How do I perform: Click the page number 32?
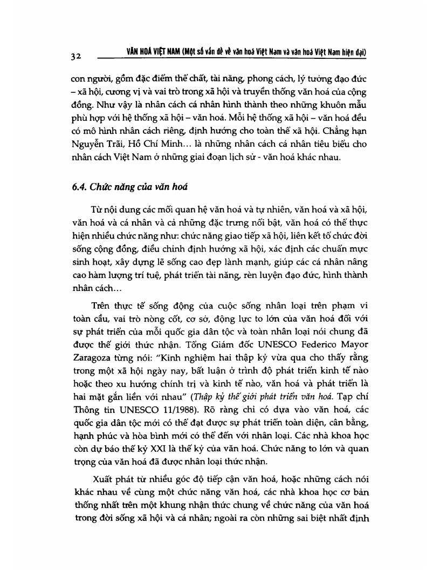coord(75,57)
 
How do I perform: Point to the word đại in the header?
coord(360,52)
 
